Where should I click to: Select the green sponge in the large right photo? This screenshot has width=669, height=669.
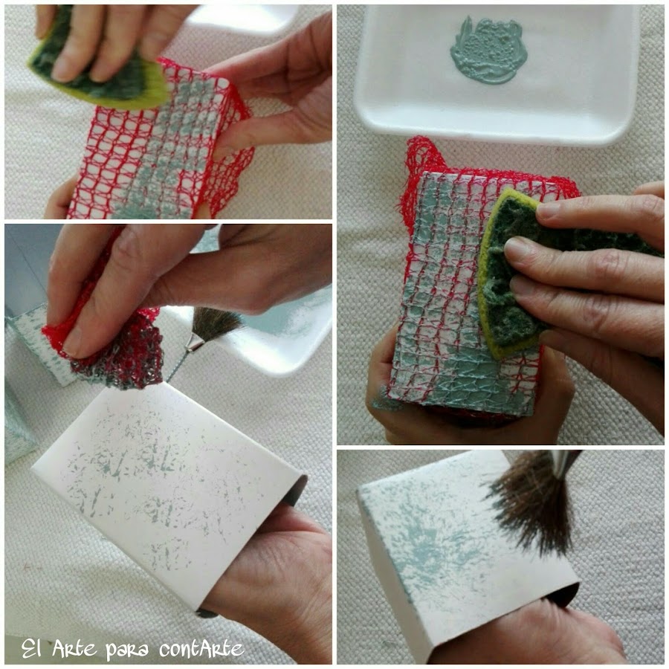point(555,269)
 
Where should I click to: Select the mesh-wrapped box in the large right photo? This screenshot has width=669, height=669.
point(465,290)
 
